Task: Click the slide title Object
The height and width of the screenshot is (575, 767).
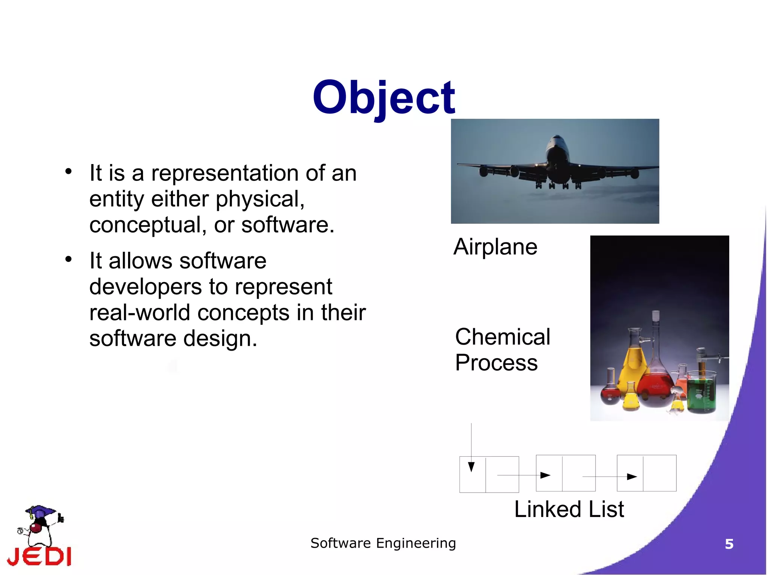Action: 383,98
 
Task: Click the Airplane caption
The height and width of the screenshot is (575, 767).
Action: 495,247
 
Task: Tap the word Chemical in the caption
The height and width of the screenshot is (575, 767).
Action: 502,337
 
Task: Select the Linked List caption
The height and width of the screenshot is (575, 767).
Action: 569,509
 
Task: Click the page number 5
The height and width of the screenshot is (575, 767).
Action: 729,544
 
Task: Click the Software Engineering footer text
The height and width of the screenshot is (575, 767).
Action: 383,543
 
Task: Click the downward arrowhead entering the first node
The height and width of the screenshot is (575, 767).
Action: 471,467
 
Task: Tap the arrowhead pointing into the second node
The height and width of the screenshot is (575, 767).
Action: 545,475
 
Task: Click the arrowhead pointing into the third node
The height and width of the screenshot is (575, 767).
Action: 632,476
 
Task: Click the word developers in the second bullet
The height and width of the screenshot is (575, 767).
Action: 145,287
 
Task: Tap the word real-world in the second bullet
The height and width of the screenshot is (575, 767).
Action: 139,313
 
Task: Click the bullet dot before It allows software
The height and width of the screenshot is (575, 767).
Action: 68,259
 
